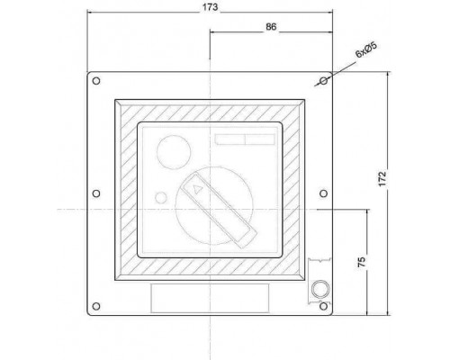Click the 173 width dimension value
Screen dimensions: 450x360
[x=210, y=7]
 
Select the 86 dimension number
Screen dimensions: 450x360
[x=271, y=27]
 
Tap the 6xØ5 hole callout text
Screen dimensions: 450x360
[x=366, y=49]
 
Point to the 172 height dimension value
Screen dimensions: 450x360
[x=382, y=179]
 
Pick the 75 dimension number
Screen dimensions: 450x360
[x=362, y=262]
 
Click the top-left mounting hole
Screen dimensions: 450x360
[x=96, y=81]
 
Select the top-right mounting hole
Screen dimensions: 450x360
[x=324, y=81]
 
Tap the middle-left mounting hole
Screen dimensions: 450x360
[x=96, y=193]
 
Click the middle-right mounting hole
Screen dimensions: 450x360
[x=323, y=193]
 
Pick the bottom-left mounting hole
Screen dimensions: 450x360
[x=96, y=306]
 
